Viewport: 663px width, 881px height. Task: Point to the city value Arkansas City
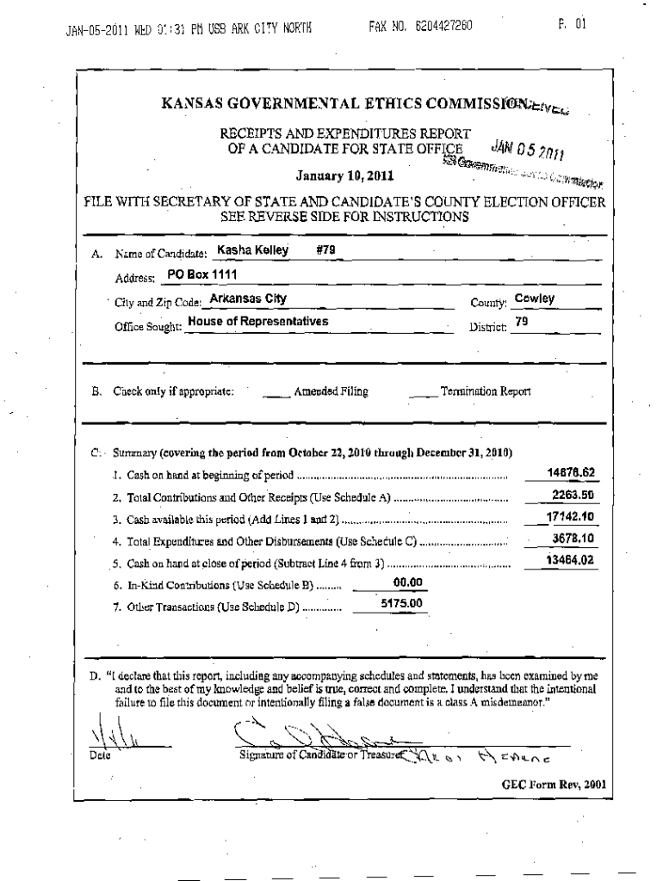click(x=249, y=299)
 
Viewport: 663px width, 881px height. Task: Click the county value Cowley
click(x=534, y=299)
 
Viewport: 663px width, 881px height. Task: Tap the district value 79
click(x=521, y=322)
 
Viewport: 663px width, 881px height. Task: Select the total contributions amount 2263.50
click(x=573, y=495)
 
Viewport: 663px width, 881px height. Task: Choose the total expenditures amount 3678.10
click(x=573, y=538)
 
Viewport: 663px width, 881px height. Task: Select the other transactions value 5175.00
click(x=401, y=604)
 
